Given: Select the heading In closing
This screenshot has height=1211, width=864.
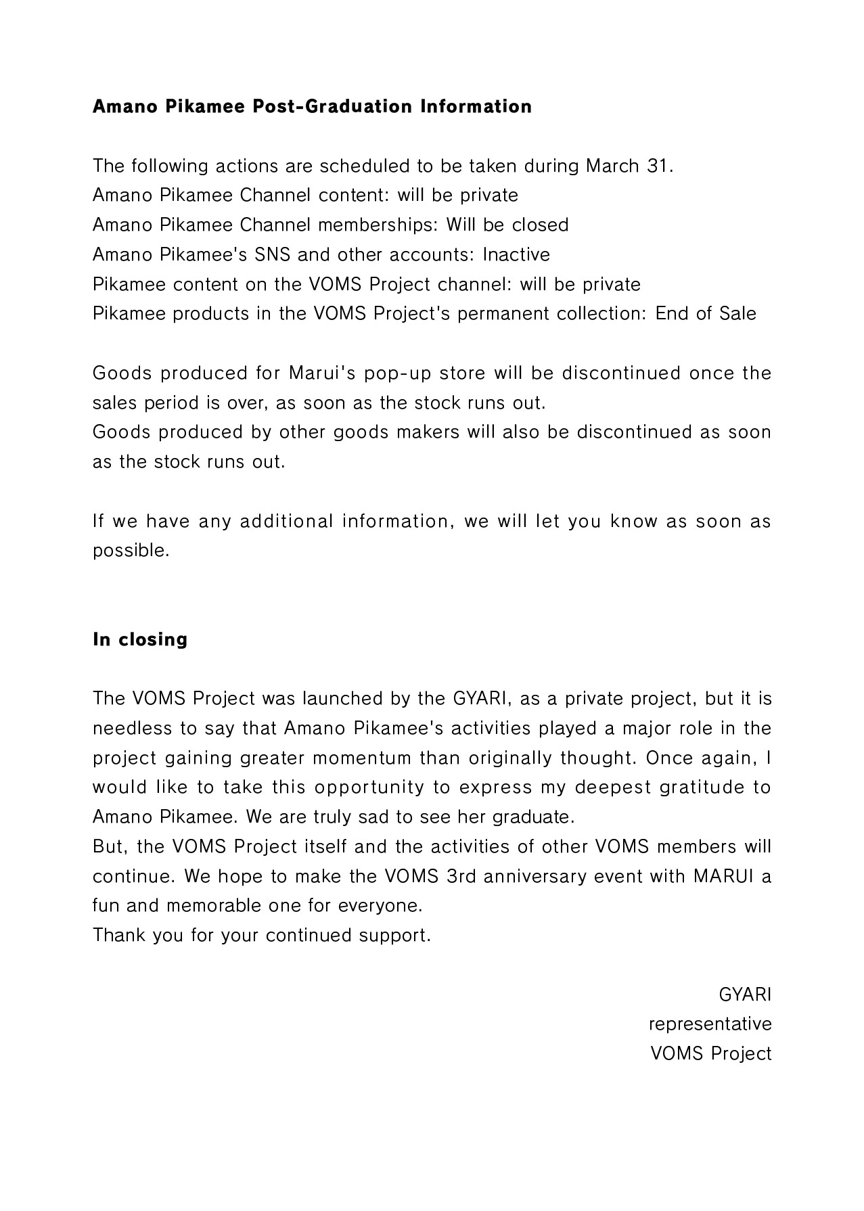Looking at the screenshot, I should pos(140,639).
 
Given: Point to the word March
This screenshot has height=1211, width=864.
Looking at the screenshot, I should pos(612,166).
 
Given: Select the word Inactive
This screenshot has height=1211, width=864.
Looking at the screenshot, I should pos(516,254).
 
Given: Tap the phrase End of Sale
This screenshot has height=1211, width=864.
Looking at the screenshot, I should pos(706,314).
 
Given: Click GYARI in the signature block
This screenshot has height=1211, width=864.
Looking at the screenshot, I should pos(745,995).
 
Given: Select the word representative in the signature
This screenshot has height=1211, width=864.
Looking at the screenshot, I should pos(710,1024).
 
